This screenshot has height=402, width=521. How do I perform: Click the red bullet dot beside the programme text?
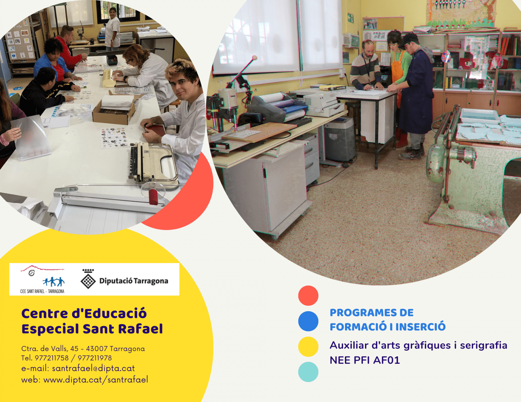tap(308, 295)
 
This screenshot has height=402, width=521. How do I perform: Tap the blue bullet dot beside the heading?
tap(308, 321)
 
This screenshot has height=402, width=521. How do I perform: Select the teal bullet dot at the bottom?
tap(308, 372)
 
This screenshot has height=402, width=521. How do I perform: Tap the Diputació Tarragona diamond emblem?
tap(88, 281)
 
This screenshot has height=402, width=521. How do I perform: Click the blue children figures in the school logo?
tap(53, 282)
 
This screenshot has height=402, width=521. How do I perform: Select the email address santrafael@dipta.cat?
tap(93, 368)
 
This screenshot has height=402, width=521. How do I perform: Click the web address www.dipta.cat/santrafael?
tap(96, 380)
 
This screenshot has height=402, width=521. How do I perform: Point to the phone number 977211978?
tap(95, 358)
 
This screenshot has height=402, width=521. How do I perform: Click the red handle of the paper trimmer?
tap(153, 197)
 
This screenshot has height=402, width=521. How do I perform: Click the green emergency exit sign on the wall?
tap(350, 18)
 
